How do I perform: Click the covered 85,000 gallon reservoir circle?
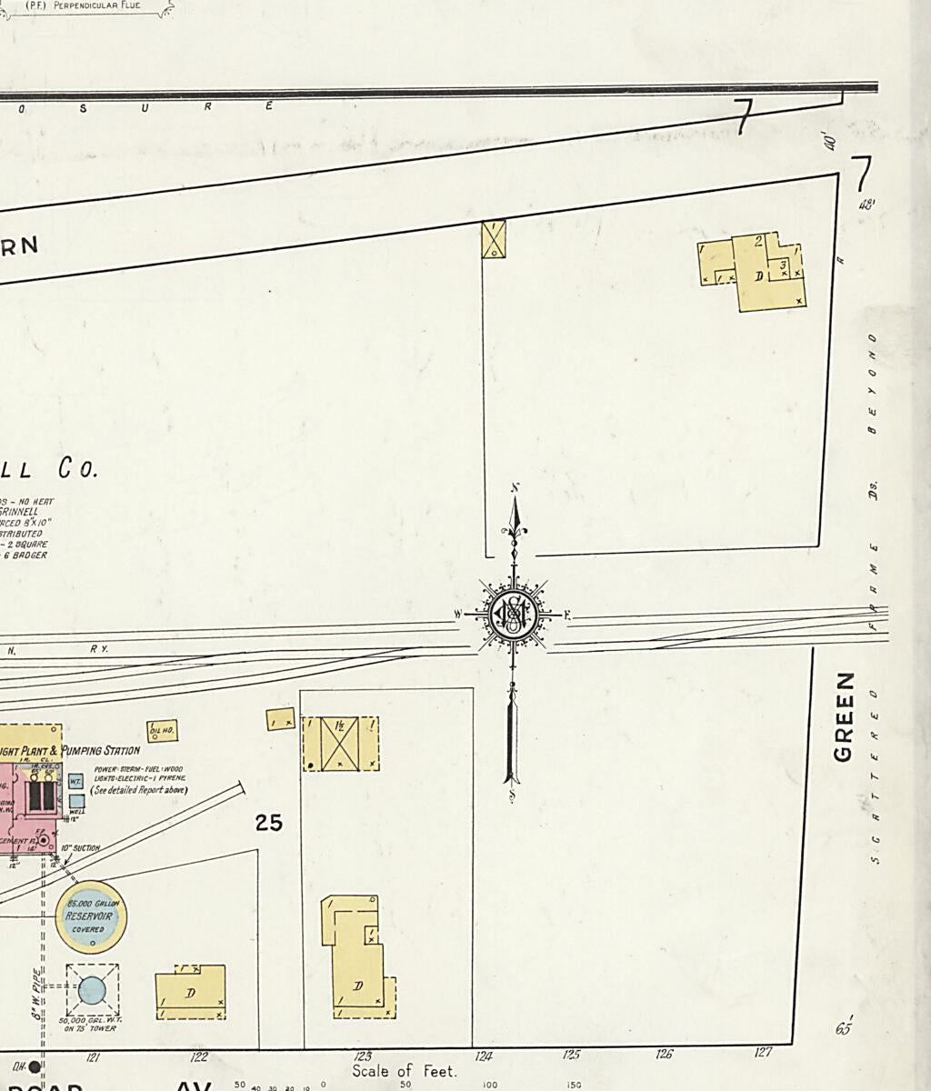91,916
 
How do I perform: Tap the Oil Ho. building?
162,730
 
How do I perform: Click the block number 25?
268,823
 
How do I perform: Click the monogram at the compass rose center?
514,616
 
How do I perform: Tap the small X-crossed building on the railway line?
494,238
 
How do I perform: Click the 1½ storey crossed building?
340,744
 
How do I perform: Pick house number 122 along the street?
198,1056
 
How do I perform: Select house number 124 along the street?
484,1056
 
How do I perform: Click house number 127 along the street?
763,1052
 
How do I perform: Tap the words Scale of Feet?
405,1071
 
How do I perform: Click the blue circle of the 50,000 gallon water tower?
92,989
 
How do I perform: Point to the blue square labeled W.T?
76,781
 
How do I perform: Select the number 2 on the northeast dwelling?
758,241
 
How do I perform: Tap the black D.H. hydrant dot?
35,1066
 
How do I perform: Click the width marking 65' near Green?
844,1029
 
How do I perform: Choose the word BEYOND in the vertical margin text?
873,383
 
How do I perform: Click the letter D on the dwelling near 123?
358,986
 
